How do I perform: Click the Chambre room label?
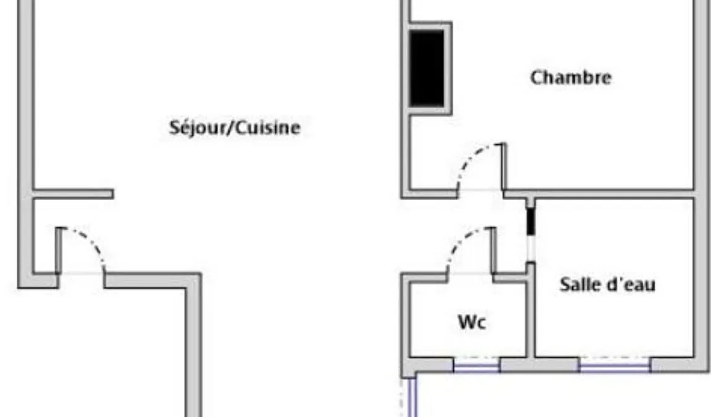pos(570,78)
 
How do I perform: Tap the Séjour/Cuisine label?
pos(235,127)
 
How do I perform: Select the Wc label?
pos(472,322)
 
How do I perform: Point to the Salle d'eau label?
pos(607,284)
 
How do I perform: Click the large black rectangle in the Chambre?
pos(427,68)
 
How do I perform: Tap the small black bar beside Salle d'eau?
pos(530,221)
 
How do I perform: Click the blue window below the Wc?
pos(477,366)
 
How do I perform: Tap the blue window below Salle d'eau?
pos(615,366)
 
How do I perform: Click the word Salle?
pos(576,284)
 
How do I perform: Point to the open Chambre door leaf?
pos(504,166)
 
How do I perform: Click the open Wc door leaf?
pos(493,250)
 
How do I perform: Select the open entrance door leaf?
pos(59,250)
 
